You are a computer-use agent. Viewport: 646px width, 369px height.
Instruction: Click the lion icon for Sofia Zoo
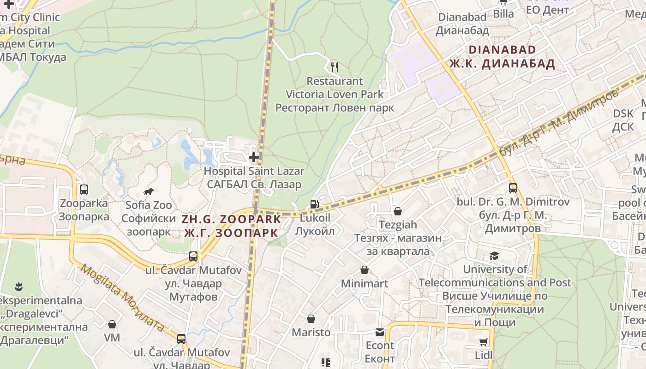[x=149, y=191]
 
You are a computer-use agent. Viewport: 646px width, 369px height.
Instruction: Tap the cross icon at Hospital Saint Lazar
[x=253, y=157]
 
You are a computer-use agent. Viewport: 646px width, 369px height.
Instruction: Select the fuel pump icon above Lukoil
[x=315, y=204]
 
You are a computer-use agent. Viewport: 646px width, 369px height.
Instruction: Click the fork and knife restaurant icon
[x=335, y=67]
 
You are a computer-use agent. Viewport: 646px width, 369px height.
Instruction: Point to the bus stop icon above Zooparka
[x=84, y=190]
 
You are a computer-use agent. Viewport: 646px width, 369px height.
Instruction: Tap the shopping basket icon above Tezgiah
[x=398, y=211]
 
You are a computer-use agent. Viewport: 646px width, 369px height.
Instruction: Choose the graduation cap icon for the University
[x=495, y=256]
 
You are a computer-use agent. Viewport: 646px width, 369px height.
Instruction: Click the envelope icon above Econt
[x=380, y=332]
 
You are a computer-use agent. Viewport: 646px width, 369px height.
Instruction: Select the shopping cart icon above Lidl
[x=483, y=342]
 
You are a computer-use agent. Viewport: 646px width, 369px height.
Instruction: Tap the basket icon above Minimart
[x=365, y=270]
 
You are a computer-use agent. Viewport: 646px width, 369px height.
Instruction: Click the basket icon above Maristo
[x=311, y=319]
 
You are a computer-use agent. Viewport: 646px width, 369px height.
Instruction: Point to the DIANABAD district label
[x=502, y=50]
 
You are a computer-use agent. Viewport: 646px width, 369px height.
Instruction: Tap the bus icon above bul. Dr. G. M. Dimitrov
[x=513, y=188]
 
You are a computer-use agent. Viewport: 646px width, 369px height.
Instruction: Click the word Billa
[x=503, y=14]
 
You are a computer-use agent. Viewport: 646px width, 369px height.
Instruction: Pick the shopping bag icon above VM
[x=112, y=324]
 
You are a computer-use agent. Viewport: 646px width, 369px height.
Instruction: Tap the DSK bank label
[x=623, y=113]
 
